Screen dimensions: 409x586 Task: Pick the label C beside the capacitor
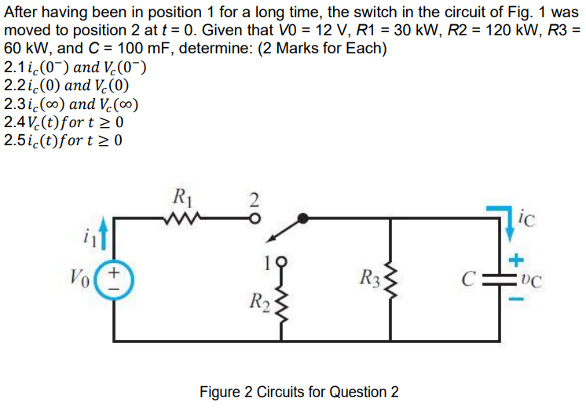click(468, 279)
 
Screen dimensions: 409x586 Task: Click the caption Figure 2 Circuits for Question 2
click(298, 392)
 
